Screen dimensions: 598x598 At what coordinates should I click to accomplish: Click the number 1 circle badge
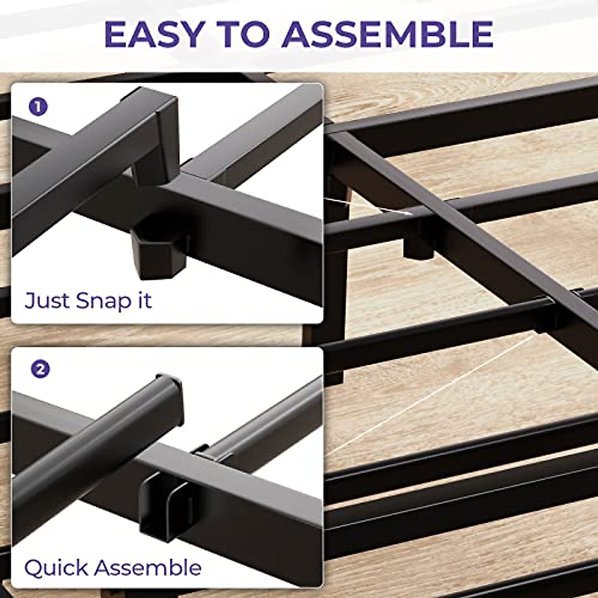click(x=39, y=107)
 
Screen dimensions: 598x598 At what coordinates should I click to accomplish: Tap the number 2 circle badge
click(x=40, y=369)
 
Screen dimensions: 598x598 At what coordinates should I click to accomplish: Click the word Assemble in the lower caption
click(x=149, y=568)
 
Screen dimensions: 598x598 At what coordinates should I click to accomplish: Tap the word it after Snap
click(x=142, y=300)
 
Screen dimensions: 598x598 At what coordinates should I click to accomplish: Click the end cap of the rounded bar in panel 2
click(x=169, y=394)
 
